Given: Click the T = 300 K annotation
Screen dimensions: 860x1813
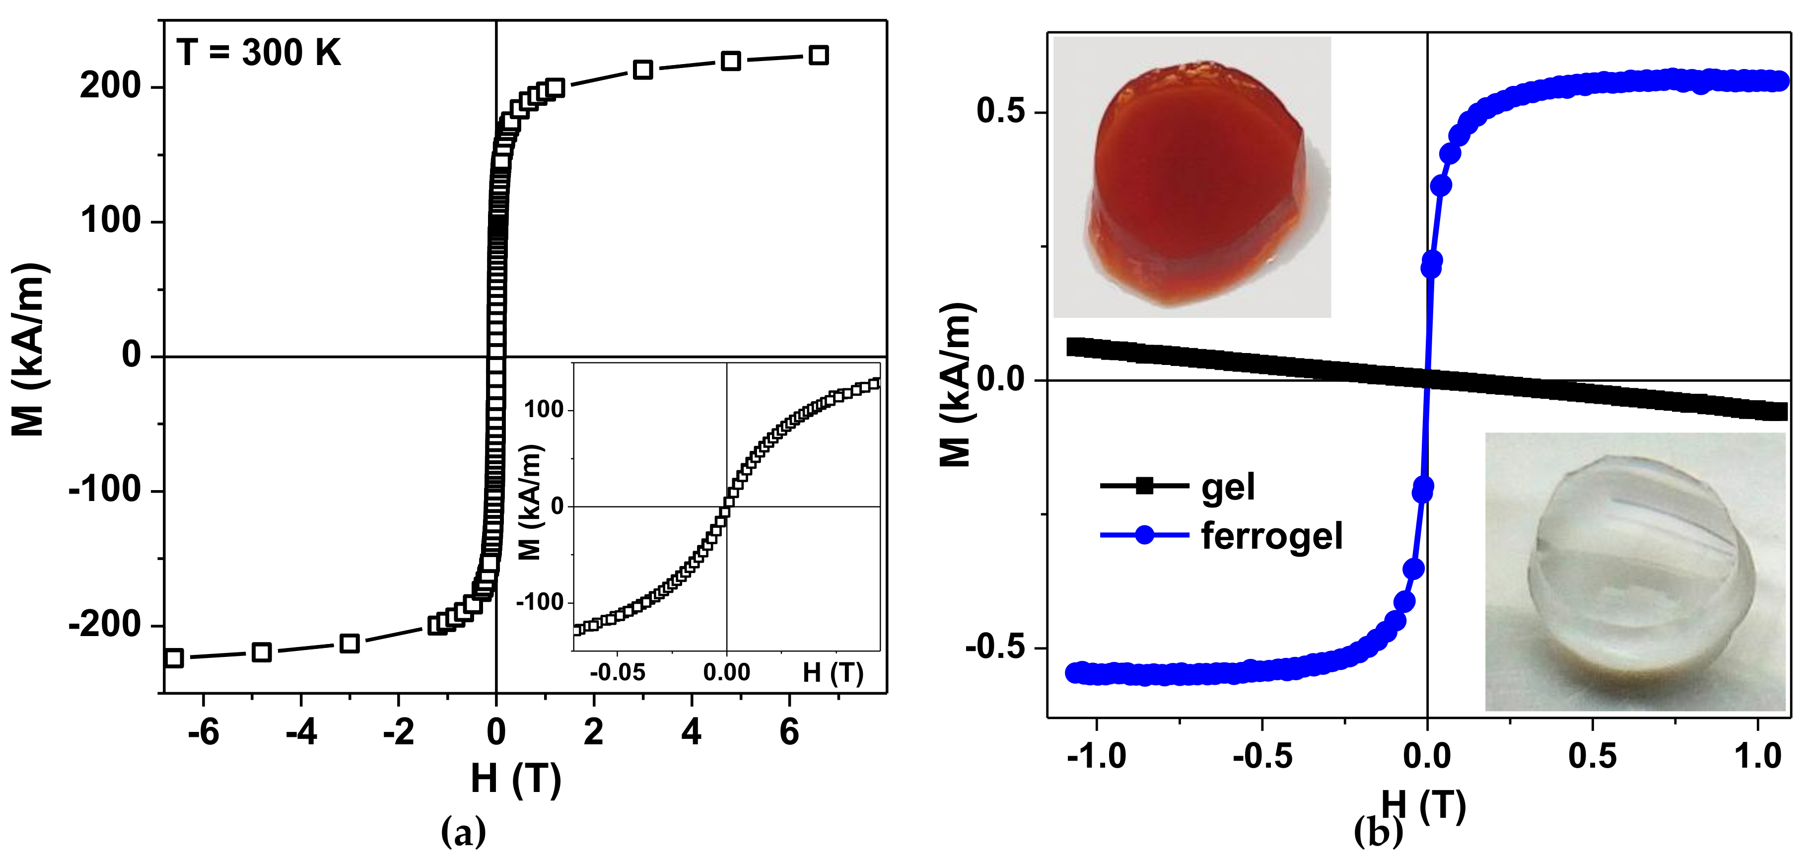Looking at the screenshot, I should pyautogui.click(x=258, y=53).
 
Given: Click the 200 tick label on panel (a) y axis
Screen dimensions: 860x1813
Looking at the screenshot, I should pyautogui.click(x=111, y=86).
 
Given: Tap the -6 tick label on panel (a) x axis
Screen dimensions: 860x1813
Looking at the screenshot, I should pyautogui.click(x=204, y=732).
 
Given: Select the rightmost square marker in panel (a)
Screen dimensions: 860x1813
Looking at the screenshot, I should pyautogui.click(x=818, y=55).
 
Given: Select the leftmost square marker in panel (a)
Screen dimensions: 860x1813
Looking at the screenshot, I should pyautogui.click(x=173, y=658).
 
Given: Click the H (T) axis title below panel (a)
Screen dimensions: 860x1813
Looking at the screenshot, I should pyautogui.click(x=516, y=779).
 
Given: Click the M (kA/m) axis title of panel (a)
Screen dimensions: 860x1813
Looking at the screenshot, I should pyautogui.click(x=28, y=350).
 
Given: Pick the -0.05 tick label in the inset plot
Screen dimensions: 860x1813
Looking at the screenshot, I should pyautogui.click(x=617, y=673).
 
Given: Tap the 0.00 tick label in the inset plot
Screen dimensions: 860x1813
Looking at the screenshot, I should pyautogui.click(x=726, y=673).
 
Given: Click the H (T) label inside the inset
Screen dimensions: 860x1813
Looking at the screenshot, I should pyautogui.click(x=833, y=673).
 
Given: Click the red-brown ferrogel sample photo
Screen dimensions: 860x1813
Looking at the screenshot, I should pyautogui.click(x=1191, y=177).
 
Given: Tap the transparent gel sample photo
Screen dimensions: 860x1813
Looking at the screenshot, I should pyautogui.click(x=1634, y=572).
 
